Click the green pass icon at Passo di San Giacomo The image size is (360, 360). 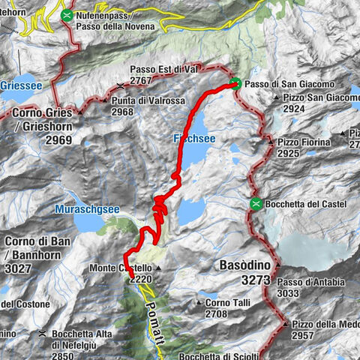coord(235,84)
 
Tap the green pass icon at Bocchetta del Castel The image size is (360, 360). coord(256,203)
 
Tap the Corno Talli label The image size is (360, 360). coord(229,302)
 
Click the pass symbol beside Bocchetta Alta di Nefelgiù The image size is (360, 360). coord(43,333)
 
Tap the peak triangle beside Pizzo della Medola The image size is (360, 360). coord(286,323)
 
